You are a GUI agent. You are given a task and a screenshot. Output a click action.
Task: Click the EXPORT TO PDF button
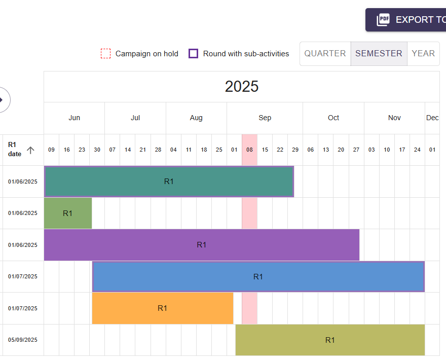(x=408, y=20)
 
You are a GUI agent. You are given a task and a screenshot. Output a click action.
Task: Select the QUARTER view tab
(x=325, y=54)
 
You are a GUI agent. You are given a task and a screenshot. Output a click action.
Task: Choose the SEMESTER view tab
(x=379, y=54)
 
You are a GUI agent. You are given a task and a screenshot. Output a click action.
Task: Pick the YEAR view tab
(x=423, y=54)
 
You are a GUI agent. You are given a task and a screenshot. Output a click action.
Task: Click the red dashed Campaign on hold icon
(x=105, y=54)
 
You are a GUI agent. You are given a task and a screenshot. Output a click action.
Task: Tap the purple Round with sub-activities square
(x=193, y=54)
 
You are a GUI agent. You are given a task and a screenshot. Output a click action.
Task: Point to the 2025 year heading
(x=242, y=87)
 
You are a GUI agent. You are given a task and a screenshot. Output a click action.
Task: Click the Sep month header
(x=265, y=118)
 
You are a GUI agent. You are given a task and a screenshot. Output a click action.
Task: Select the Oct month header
(x=333, y=118)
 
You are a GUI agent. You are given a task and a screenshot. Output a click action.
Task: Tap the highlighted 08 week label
(x=249, y=150)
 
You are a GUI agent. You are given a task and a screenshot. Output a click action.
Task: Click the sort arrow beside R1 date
(x=30, y=150)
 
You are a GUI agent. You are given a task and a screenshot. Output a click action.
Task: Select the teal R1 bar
(x=169, y=182)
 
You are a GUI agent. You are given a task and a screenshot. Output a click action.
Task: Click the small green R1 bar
(x=68, y=213)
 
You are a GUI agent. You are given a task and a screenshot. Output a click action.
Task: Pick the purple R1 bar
(x=202, y=245)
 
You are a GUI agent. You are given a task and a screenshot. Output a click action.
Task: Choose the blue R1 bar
(x=258, y=277)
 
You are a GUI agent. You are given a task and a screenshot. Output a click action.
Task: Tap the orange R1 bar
(x=162, y=308)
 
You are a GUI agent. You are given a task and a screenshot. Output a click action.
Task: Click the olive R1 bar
(x=330, y=340)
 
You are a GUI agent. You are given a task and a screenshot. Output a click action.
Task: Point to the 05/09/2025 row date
(x=23, y=340)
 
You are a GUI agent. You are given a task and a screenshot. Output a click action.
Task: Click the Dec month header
(x=432, y=118)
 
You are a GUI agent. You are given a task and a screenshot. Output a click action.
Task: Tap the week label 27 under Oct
(x=356, y=150)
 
